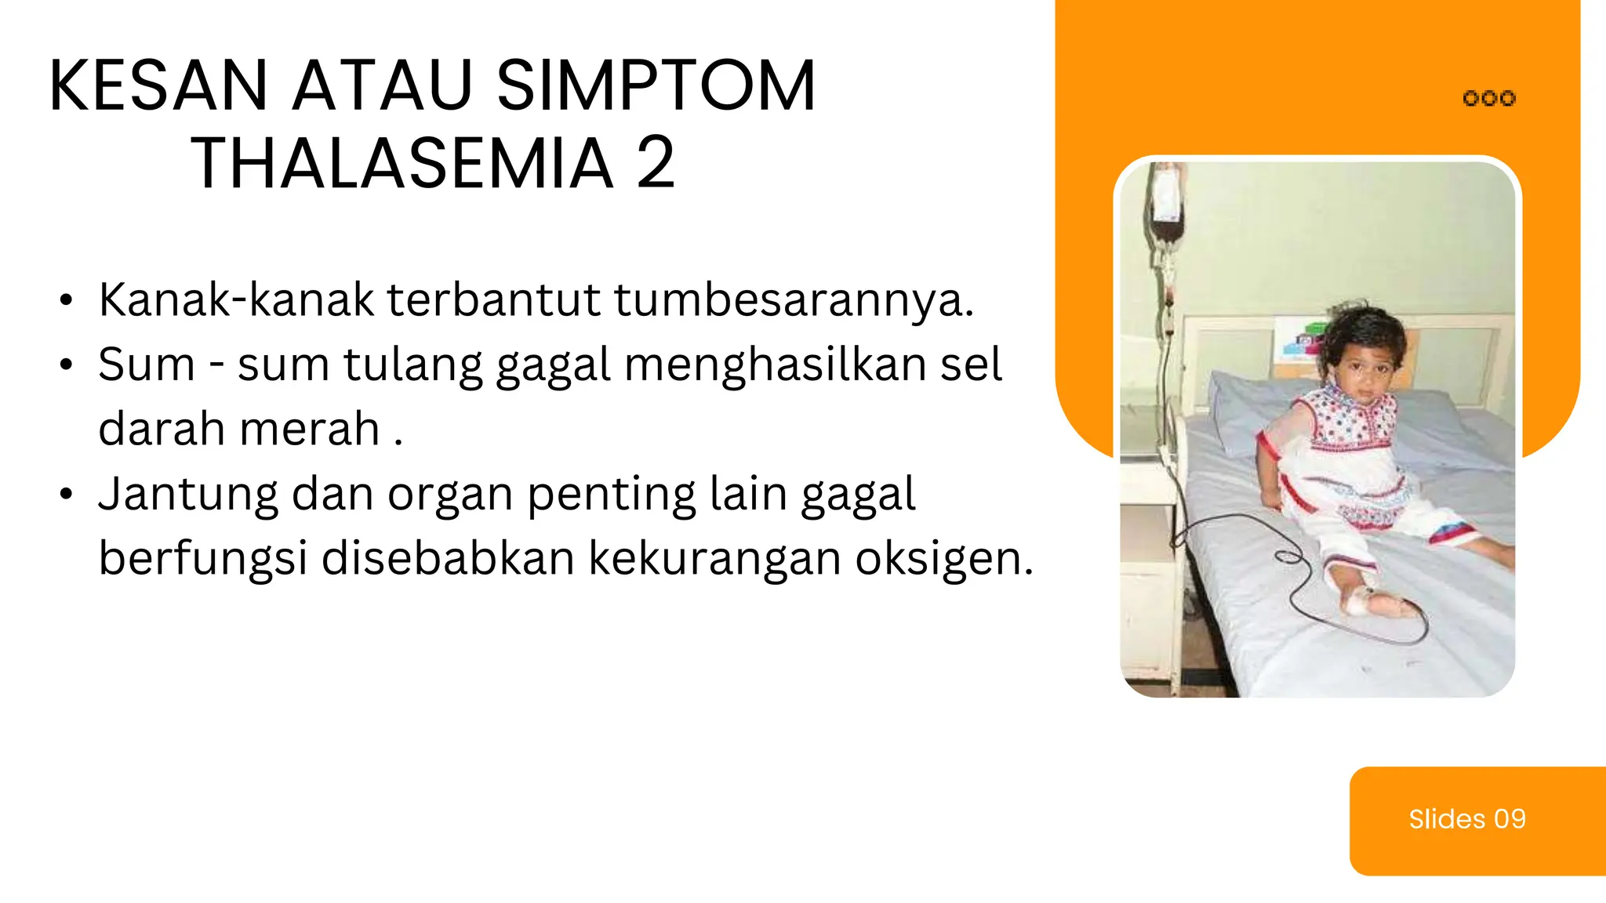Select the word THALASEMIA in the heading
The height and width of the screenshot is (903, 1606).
(402, 164)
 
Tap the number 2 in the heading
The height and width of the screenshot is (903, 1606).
(656, 164)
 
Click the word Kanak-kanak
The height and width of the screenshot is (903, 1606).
(236, 299)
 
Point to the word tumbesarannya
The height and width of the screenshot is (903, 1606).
(793, 301)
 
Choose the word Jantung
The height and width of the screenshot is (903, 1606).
(188, 495)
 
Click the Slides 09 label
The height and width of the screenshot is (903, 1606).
(1466, 819)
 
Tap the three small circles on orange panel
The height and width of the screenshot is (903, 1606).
(1489, 99)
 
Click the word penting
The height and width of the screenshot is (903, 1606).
(611, 495)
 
